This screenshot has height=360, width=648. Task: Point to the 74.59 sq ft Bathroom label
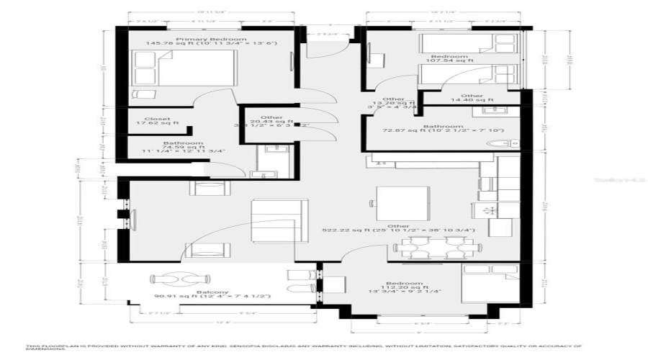click(184, 147)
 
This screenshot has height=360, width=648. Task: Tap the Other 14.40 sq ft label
click(472, 99)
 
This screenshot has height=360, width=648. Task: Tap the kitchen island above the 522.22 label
click(403, 200)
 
